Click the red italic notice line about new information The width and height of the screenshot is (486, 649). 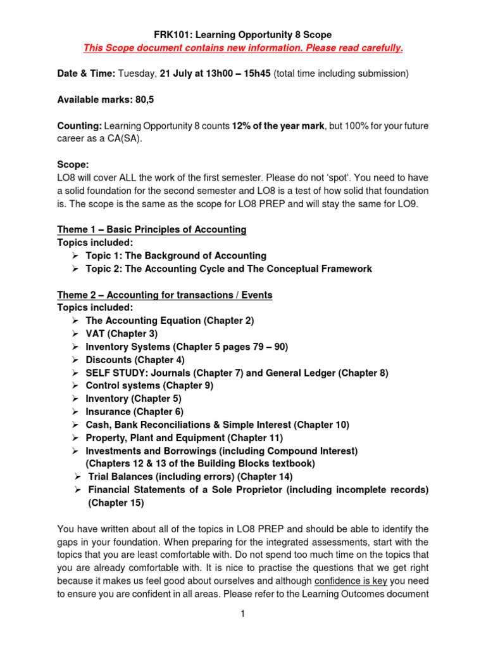pyautogui.click(x=243, y=48)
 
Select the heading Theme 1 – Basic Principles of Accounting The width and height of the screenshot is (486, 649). pyautogui.click(x=152, y=229)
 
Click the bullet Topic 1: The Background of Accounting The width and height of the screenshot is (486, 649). pyautogui.click(x=176, y=255)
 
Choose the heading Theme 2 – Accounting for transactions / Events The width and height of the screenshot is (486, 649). pyautogui.click(x=165, y=295)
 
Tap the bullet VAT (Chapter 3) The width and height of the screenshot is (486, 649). pyautogui.click(x=121, y=333)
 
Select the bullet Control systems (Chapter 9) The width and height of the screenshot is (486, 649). pyautogui.click(x=149, y=385)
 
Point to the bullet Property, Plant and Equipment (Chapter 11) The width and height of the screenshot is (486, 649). pyautogui.click(x=184, y=438)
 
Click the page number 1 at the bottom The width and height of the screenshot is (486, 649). pyautogui.click(x=243, y=614)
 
